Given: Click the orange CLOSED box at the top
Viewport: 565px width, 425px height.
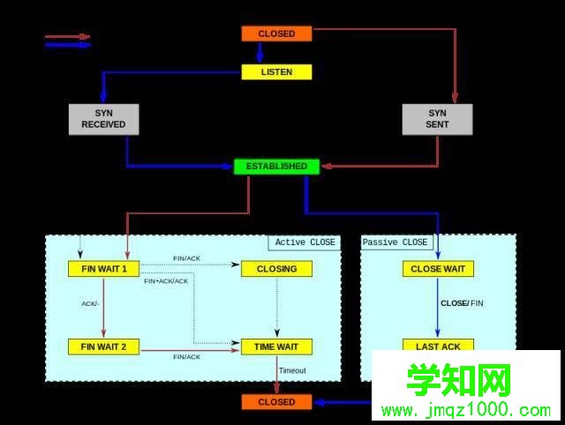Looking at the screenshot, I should point(276,34).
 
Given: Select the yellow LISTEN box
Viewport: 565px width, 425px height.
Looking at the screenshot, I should point(276,71).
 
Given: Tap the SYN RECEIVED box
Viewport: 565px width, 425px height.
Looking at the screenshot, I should point(103,119).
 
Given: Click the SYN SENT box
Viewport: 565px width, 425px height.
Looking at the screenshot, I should point(437,119).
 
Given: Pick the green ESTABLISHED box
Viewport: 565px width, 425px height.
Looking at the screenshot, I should point(276,166).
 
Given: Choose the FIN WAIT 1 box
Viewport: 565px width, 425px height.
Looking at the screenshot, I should point(103,268).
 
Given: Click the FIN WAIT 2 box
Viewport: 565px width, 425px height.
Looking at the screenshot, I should point(103,347).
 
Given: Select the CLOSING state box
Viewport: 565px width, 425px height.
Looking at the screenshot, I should point(276,268).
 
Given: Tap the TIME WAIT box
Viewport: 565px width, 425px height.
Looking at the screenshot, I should point(276,347).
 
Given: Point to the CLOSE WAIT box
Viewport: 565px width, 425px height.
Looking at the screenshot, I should point(438,268).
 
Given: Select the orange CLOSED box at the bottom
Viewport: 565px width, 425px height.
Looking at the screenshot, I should point(276,402).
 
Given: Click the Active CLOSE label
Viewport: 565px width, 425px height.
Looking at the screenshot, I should point(305,242).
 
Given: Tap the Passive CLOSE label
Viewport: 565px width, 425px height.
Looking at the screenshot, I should point(395,242).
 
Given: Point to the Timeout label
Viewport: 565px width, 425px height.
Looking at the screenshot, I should point(292,370).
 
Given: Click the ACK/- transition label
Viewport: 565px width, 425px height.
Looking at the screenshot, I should point(90,303).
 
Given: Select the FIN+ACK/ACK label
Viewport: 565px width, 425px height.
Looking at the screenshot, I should point(166,281).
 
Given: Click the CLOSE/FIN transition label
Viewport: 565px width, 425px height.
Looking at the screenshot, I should point(462,303).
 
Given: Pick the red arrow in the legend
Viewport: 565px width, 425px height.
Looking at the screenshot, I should point(67,37).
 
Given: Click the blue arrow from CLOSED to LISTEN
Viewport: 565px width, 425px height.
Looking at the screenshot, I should point(259,52).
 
